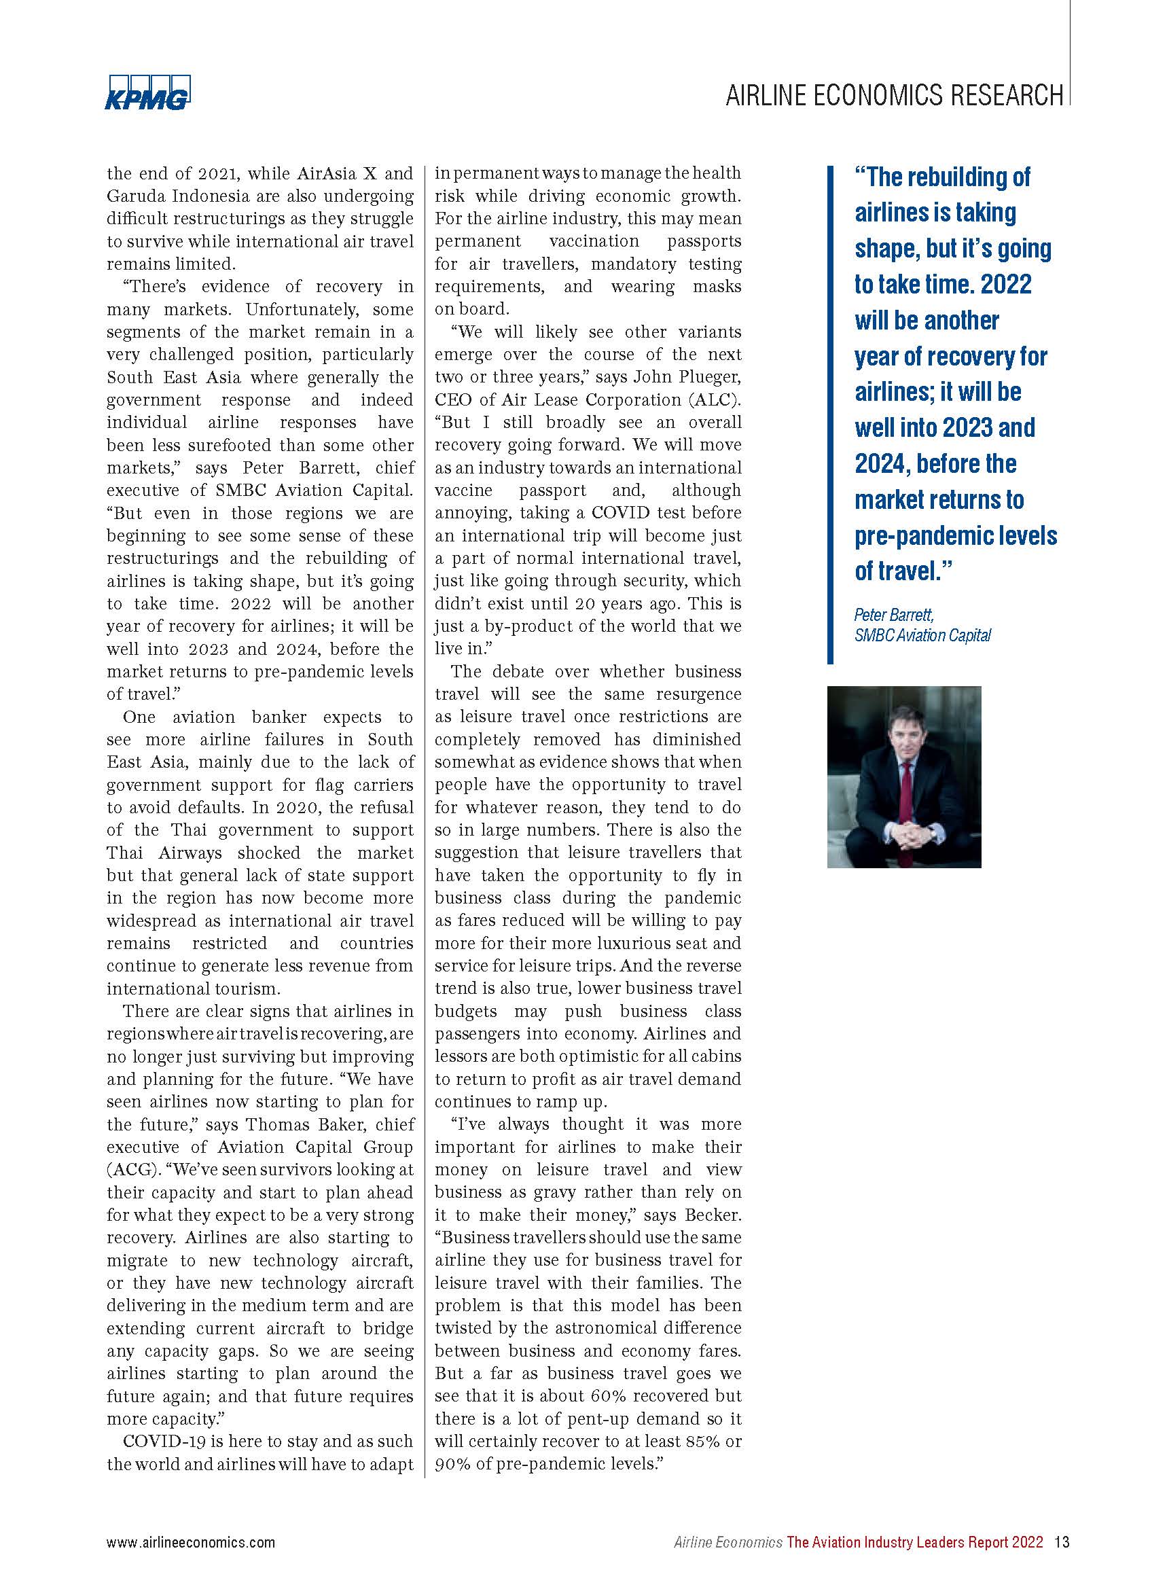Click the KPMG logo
point(148,92)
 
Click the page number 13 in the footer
point(1062,1542)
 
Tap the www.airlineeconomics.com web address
point(190,1542)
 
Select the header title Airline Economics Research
point(894,95)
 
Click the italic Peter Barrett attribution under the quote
point(894,614)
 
